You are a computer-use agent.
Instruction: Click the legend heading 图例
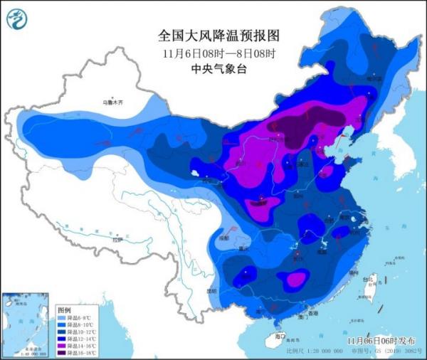pos(64,310)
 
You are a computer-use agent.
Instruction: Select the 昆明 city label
pos(211,291)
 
